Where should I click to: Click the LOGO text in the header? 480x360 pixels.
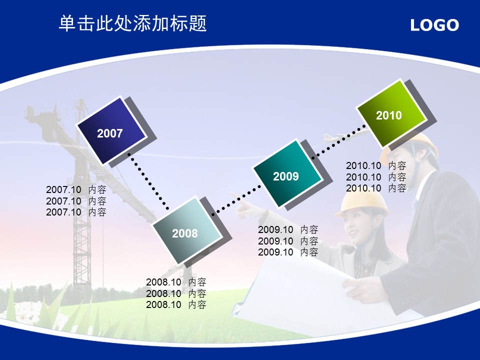click(x=434, y=25)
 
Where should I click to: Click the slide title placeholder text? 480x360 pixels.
click(x=133, y=23)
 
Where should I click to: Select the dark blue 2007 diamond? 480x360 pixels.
click(x=111, y=130)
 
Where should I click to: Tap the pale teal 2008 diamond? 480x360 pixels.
click(x=187, y=230)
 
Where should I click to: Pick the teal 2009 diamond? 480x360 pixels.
click(x=287, y=173)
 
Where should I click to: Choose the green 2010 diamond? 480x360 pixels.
click(x=391, y=113)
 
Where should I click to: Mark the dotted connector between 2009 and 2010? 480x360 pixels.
click(x=338, y=142)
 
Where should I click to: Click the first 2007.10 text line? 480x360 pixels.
click(x=76, y=190)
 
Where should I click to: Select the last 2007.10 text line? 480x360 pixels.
click(x=76, y=212)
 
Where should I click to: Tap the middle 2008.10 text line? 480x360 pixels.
click(x=176, y=293)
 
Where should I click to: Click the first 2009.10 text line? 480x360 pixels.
click(x=288, y=229)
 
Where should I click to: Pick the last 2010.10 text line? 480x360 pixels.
click(x=376, y=188)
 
